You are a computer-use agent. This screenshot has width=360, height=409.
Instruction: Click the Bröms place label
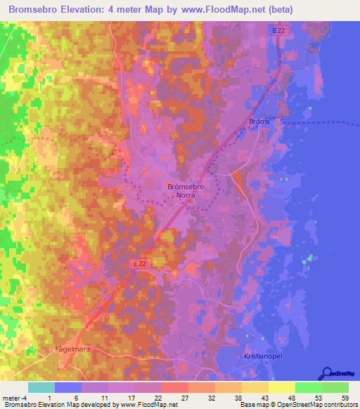click(259, 122)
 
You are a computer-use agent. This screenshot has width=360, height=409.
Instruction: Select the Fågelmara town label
click(73, 349)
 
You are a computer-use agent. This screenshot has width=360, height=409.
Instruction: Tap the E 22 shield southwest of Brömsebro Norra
click(141, 262)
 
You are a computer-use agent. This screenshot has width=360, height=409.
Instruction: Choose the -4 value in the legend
click(22, 398)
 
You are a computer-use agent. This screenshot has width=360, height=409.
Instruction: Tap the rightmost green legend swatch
click(335, 387)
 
